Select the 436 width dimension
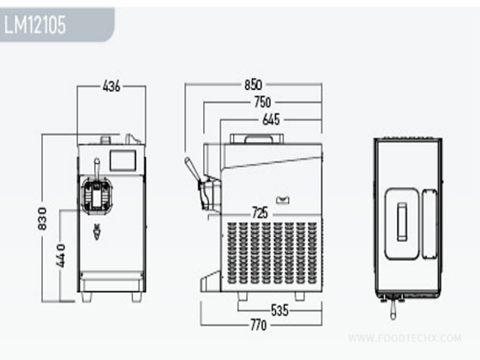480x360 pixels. point(111,86)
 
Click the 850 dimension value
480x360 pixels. point(253,85)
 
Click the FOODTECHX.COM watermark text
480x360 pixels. point(405,338)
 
